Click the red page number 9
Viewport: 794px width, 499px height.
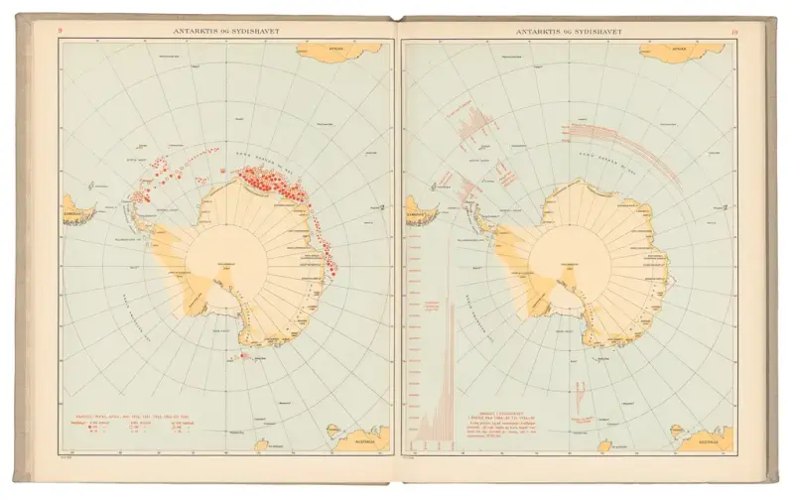pos(61,32)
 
